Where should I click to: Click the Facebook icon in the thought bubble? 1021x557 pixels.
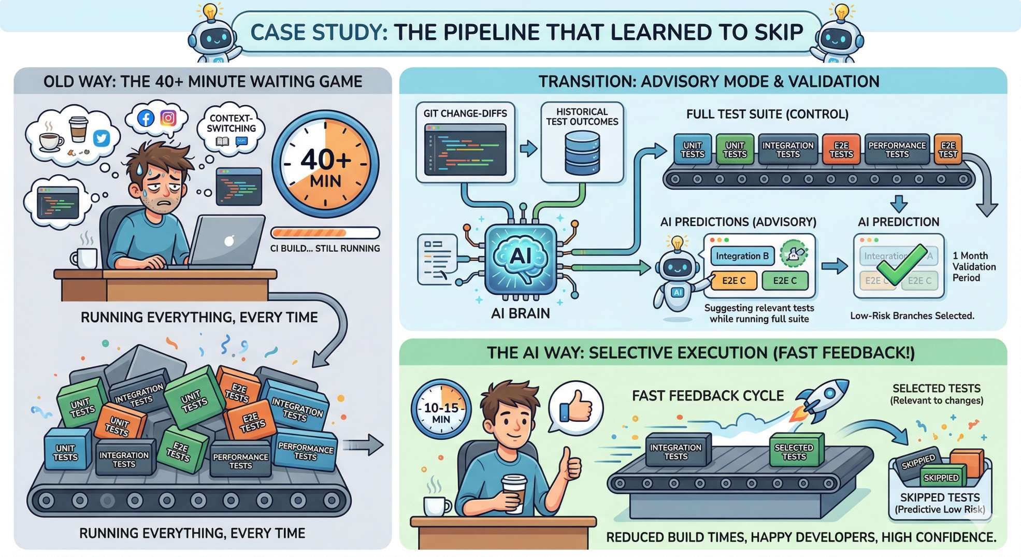(146, 119)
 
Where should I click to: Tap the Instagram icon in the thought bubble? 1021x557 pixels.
(168, 118)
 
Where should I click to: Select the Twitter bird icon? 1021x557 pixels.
(102, 138)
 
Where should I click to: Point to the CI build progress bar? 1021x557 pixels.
(325, 233)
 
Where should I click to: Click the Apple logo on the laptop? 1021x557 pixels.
(229, 241)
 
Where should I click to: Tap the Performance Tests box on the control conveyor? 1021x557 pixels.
(897, 149)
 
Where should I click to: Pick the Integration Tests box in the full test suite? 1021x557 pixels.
(787, 149)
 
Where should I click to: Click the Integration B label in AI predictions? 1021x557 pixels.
(742, 256)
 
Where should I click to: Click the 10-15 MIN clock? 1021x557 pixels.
(441, 410)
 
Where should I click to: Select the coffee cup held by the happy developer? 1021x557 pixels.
(514, 492)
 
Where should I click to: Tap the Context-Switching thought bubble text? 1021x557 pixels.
(231, 123)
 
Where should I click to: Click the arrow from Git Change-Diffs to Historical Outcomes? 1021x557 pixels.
(528, 149)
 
